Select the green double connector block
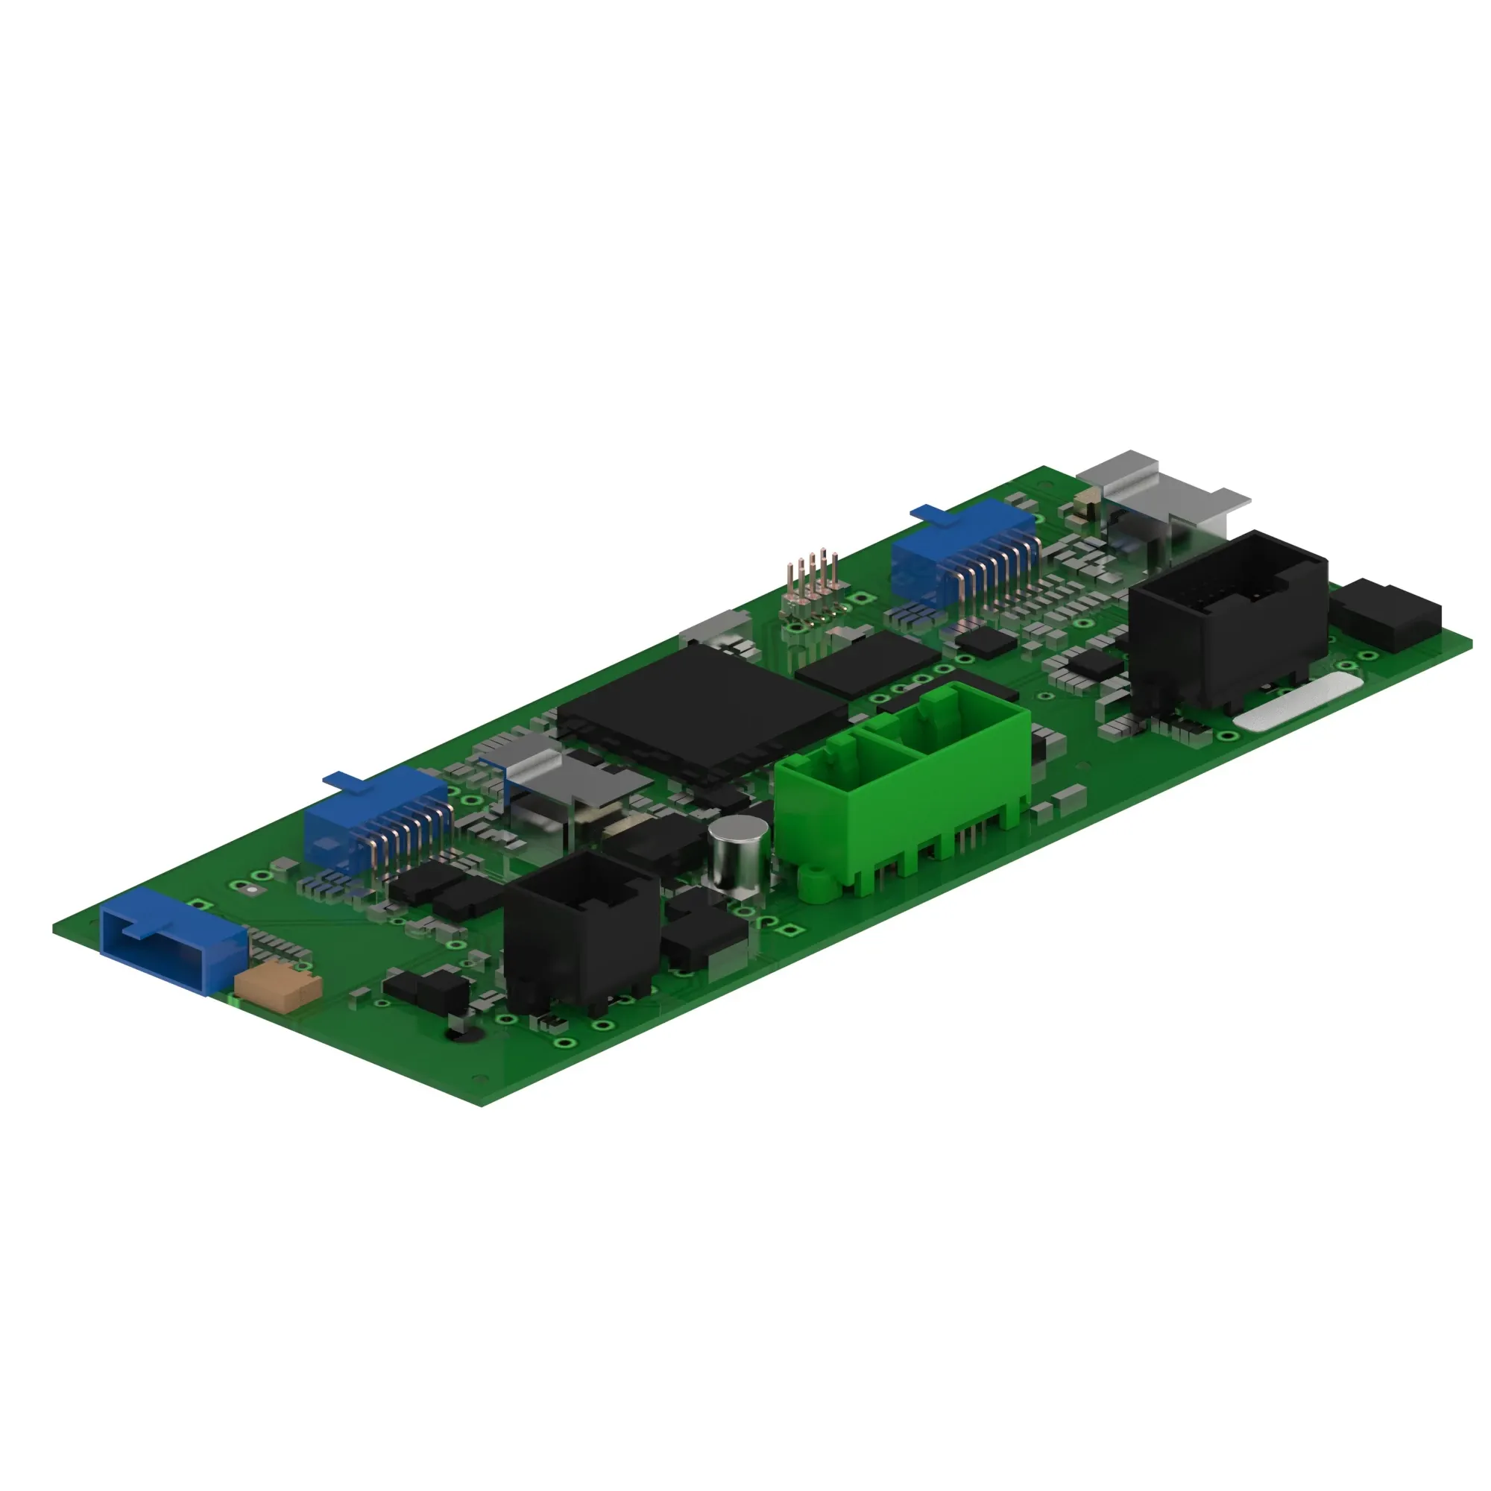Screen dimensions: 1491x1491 [x=903, y=780]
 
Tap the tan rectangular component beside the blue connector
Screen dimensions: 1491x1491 [x=277, y=987]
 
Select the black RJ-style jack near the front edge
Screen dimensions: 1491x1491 [x=579, y=930]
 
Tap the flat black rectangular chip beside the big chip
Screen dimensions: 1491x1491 [x=869, y=663]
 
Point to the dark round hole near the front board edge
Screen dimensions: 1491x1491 [x=463, y=1033]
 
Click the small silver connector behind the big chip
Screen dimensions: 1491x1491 [x=716, y=630]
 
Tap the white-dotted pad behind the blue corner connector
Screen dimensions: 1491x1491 [x=251, y=889]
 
